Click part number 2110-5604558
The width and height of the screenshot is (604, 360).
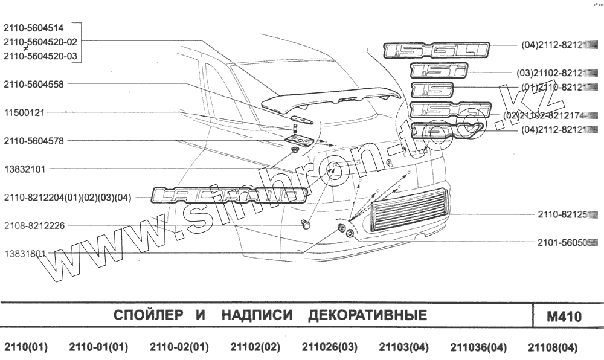(x=33, y=84)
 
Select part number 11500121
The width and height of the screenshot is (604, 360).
(x=25, y=112)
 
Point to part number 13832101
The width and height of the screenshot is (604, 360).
(x=25, y=169)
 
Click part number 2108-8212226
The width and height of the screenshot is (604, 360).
(x=33, y=225)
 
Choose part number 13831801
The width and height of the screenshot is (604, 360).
(x=25, y=254)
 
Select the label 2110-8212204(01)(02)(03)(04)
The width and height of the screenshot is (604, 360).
(x=67, y=197)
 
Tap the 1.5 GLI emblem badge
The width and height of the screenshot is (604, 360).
(x=436, y=50)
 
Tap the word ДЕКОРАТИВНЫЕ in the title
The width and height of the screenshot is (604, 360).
(x=367, y=315)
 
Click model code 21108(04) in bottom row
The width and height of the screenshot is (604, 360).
(x=553, y=347)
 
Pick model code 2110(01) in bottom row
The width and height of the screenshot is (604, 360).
(x=26, y=347)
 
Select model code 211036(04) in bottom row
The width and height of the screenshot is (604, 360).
(x=478, y=347)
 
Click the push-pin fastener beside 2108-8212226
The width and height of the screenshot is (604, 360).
(x=307, y=225)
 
